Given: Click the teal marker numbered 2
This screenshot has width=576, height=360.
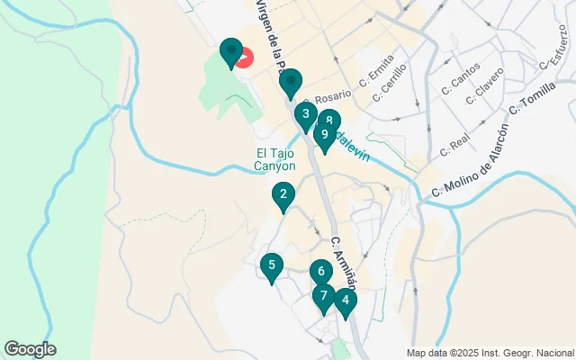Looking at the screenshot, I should (x=283, y=195).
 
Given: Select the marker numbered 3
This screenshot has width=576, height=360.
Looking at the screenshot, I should (x=306, y=115).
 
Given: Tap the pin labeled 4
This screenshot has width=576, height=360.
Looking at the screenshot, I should (x=345, y=301).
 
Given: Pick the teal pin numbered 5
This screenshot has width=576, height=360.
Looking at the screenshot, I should (x=271, y=266).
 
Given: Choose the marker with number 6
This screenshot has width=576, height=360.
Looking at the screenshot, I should (x=320, y=272).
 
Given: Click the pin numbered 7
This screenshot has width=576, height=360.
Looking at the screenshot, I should (x=323, y=297).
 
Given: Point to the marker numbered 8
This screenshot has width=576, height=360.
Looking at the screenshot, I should (x=330, y=121).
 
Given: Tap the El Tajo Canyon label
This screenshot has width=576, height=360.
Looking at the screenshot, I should (x=274, y=159).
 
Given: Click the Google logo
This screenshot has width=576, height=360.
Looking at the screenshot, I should (x=30, y=349).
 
